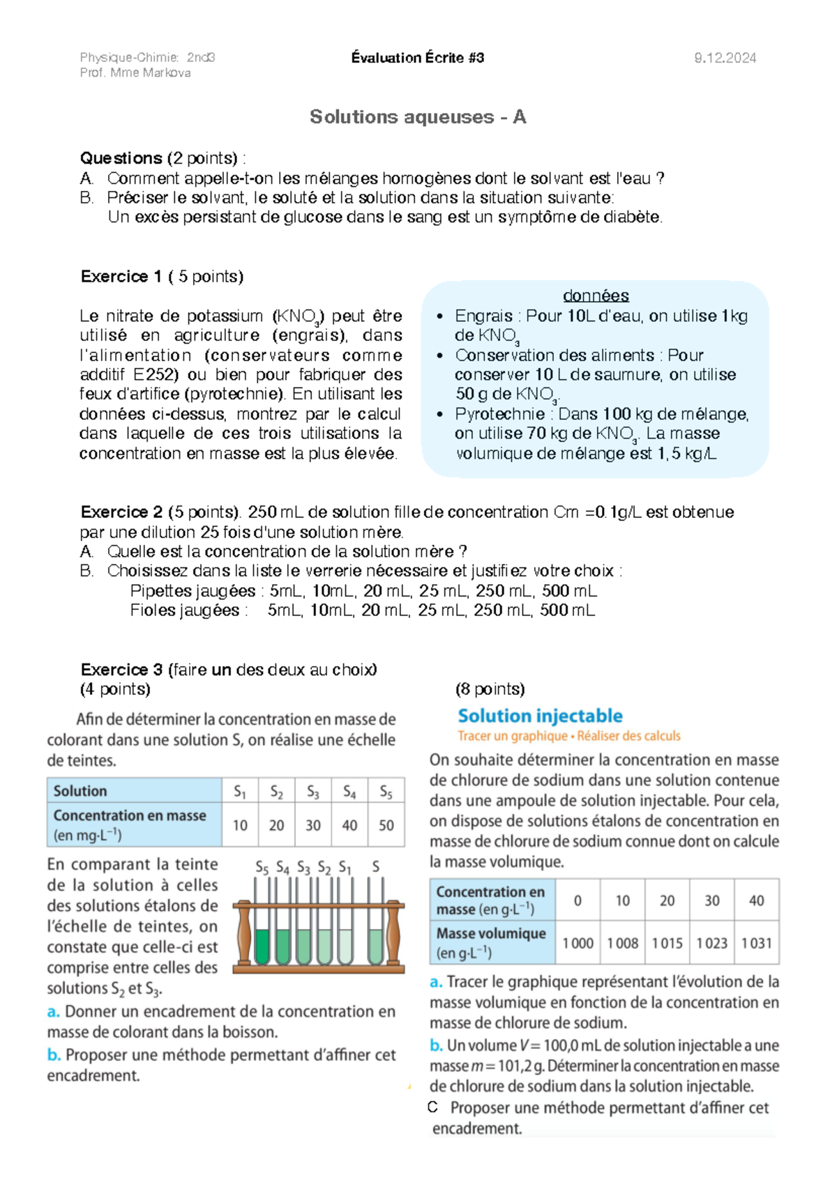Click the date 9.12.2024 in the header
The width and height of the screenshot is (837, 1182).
[x=725, y=58]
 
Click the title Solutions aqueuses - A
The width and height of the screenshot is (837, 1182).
[x=417, y=116]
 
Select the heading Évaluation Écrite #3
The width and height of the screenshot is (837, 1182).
[x=417, y=58]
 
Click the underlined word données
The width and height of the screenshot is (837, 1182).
[x=596, y=295]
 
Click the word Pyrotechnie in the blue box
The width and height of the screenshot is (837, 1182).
[x=499, y=414]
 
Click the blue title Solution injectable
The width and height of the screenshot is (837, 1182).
[x=540, y=716]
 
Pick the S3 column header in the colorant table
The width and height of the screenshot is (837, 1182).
[x=313, y=792]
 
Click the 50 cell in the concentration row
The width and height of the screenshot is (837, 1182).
[x=386, y=825]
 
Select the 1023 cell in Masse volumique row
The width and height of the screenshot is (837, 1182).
[x=711, y=944]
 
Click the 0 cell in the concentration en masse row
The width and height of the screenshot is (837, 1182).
[x=578, y=900]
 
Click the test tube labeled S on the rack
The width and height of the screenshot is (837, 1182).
[x=376, y=934]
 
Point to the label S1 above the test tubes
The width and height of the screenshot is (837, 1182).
[x=345, y=868]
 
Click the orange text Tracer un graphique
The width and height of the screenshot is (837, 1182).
[x=513, y=736]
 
